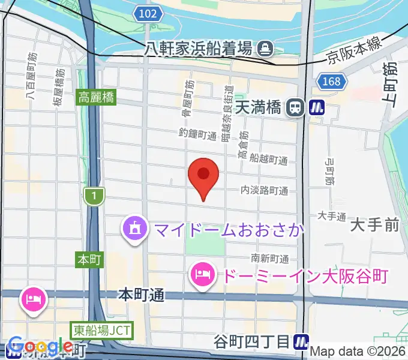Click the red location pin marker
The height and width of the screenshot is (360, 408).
click(203, 175)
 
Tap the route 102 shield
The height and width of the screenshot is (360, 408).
click(153, 14)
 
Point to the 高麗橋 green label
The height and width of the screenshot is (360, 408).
click(95, 97)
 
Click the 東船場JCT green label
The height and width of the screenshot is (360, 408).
click(101, 330)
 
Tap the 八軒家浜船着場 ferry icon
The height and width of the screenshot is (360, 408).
click(264, 47)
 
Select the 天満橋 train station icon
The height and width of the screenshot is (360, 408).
click(295, 107)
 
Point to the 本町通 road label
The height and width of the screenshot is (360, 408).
click(141, 295)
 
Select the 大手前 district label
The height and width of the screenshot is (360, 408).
click(375, 226)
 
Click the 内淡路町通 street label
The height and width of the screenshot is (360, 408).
click(264, 191)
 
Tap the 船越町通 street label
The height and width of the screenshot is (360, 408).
click(268, 160)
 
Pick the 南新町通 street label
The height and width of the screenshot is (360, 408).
click(269, 258)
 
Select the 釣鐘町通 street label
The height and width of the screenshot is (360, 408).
click(197, 134)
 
